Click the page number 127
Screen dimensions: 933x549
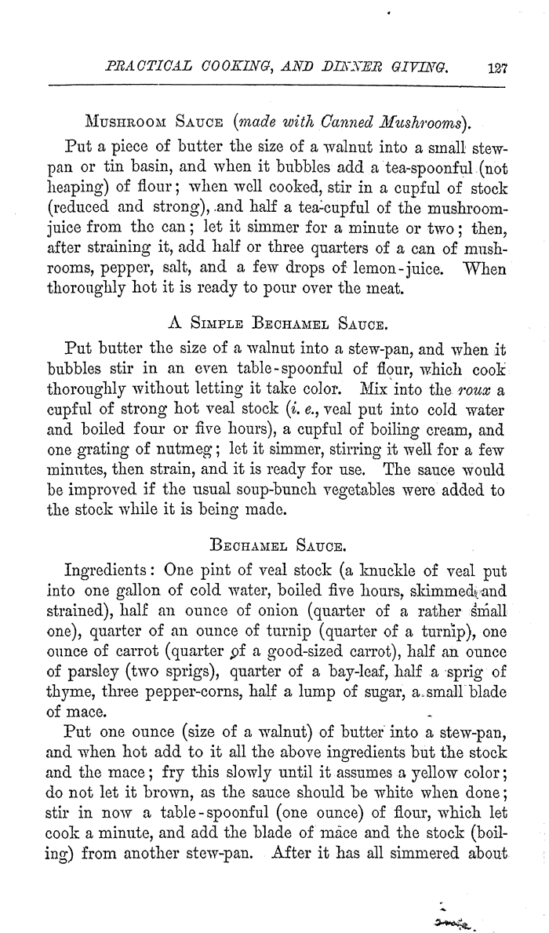point(497,68)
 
